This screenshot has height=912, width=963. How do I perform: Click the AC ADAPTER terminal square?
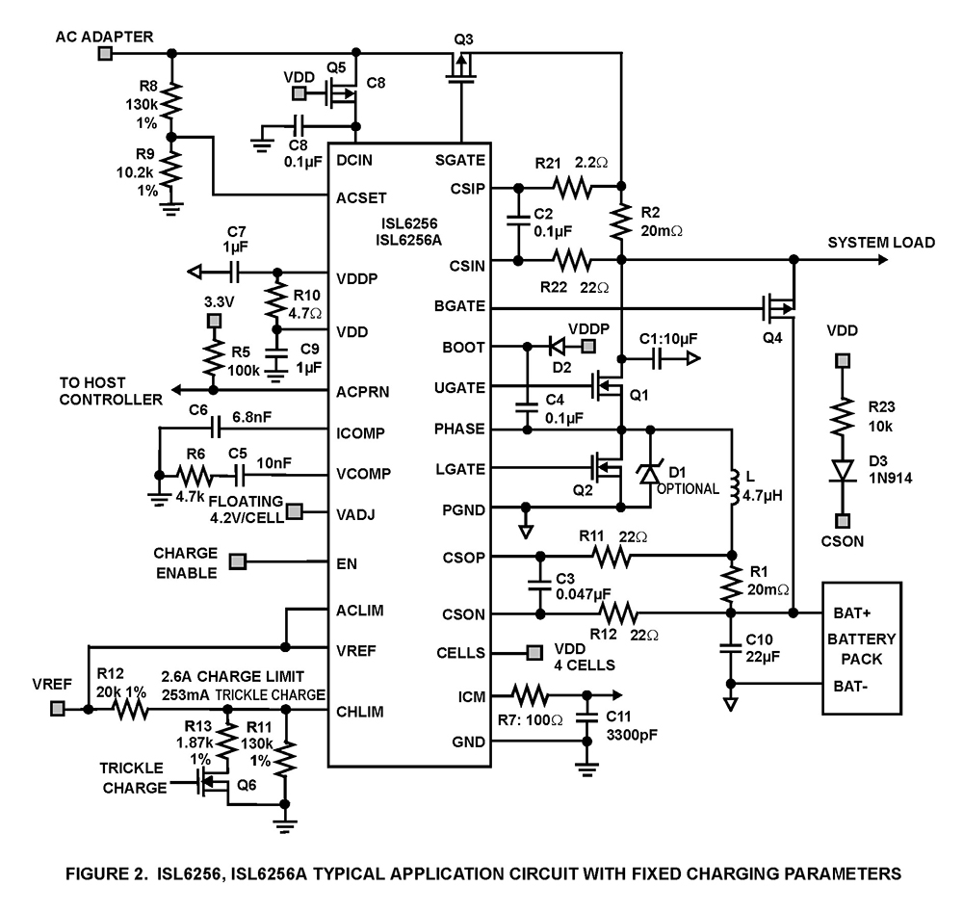(x=105, y=51)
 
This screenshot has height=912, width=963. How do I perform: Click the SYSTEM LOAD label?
(x=880, y=243)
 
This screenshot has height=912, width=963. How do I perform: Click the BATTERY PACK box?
(x=859, y=648)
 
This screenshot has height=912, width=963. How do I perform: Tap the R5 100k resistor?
(x=214, y=355)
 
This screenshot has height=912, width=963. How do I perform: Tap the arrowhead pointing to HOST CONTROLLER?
(x=174, y=389)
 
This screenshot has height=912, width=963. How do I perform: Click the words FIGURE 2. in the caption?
(x=100, y=874)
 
